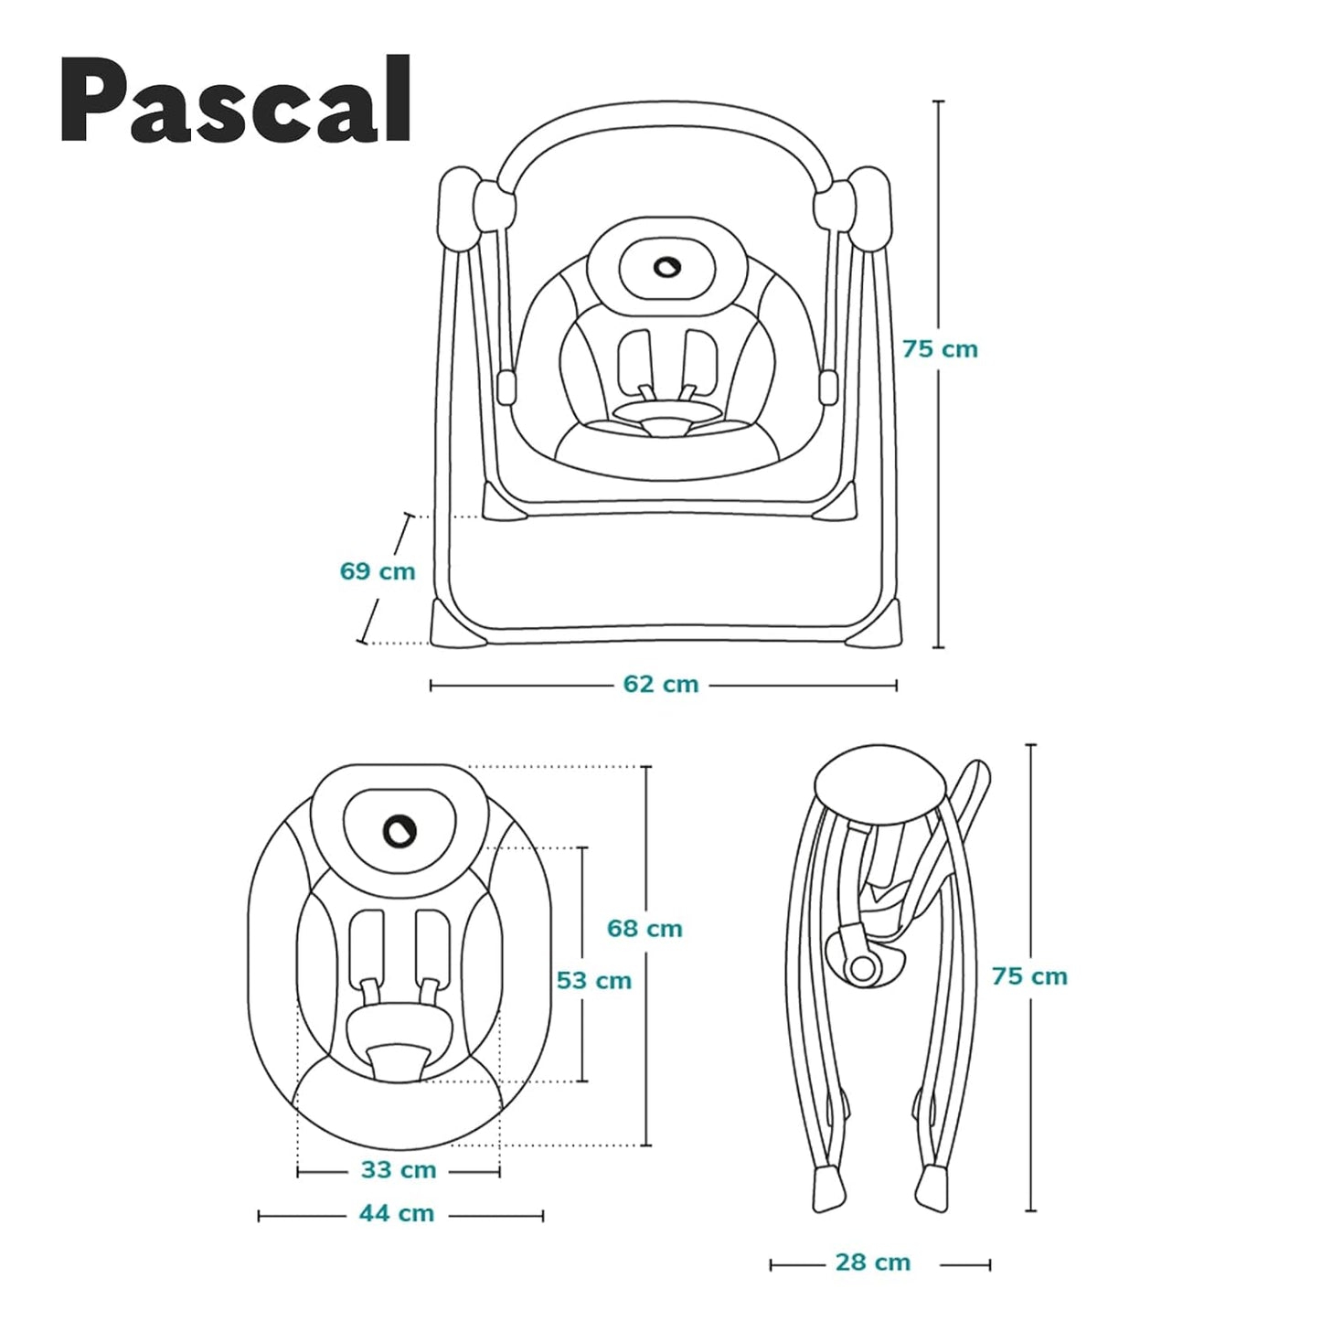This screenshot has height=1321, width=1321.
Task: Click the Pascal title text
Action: (236, 101)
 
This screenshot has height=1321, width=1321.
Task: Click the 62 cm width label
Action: (661, 684)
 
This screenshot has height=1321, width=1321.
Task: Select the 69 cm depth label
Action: (378, 571)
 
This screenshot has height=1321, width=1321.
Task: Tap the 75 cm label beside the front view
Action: (940, 349)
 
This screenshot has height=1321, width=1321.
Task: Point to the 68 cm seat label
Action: (645, 929)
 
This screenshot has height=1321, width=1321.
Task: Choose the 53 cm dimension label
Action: (594, 981)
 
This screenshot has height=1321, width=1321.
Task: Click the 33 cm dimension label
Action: (399, 1170)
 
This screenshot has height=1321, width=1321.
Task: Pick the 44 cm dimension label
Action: (397, 1214)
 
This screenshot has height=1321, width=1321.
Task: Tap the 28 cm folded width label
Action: (873, 1262)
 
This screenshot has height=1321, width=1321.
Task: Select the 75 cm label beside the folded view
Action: (1029, 976)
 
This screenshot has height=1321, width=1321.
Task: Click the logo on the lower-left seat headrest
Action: (400, 830)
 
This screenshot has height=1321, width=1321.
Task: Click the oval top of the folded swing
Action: (878, 782)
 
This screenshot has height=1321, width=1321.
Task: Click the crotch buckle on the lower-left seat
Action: (399, 1061)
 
